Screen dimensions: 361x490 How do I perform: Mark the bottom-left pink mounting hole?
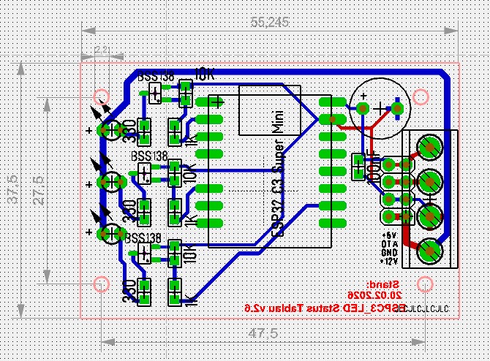[x=102, y=284]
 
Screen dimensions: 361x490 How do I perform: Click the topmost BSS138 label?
[x=157, y=77]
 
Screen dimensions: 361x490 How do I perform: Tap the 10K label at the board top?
[x=204, y=75]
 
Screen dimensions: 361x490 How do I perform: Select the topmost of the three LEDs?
[x=110, y=129]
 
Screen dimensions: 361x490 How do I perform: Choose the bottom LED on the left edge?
[x=110, y=233]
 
